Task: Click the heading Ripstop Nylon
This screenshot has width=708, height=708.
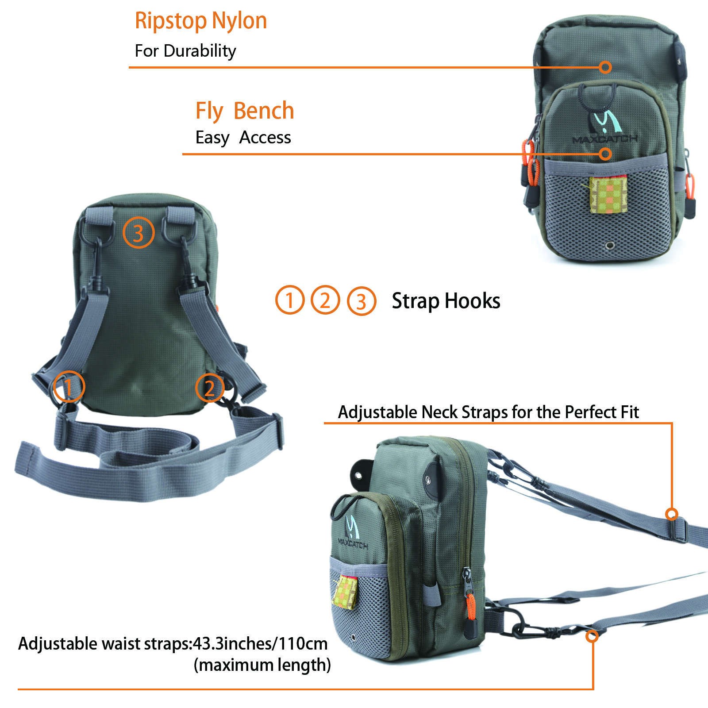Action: [200, 21]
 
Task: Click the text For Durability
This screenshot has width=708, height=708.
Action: [185, 51]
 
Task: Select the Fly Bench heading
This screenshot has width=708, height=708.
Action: [245, 111]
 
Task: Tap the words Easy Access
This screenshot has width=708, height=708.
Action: [243, 138]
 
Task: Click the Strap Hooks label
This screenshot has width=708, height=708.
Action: [446, 301]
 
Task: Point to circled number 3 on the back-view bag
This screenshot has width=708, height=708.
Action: [138, 233]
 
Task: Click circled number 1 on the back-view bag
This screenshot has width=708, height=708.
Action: [69, 387]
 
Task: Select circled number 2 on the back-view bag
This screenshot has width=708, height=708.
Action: [210, 388]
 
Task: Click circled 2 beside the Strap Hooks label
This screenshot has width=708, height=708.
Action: [325, 300]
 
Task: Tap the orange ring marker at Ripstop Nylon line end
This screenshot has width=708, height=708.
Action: [605, 67]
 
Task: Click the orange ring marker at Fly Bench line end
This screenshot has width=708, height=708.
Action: [605, 154]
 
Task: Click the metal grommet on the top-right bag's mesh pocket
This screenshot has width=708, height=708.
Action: [610, 245]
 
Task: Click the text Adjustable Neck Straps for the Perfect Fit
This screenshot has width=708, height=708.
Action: [488, 412]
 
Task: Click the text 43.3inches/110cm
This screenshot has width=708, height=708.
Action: [260, 643]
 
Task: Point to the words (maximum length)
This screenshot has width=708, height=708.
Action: [262, 665]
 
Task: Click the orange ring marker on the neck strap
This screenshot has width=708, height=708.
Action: [672, 514]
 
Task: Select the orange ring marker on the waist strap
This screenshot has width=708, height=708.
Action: [592, 636]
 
